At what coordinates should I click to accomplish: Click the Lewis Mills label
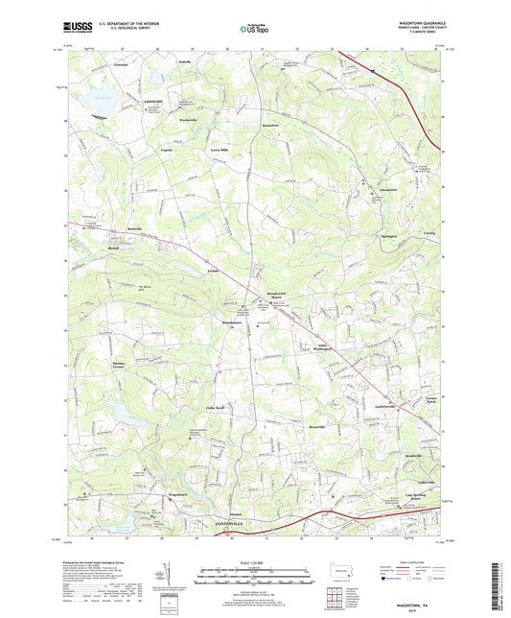coord(220,151)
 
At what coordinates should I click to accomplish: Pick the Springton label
coord(388,236)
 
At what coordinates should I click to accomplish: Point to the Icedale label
coord(213,271)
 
